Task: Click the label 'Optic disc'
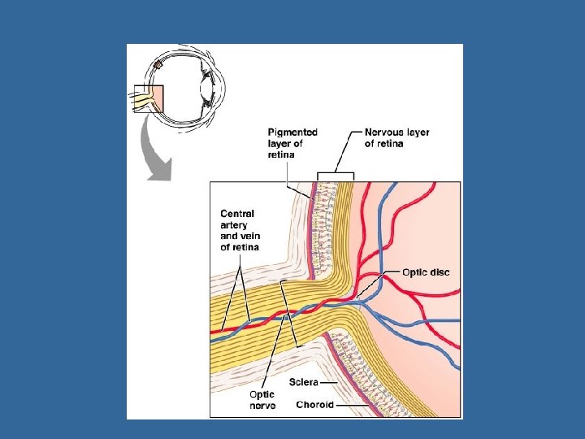point(425,272)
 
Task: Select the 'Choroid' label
point(314,404)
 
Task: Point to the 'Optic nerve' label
point(262,398)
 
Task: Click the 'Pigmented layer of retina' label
point(292,142)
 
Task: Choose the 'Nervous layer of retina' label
point(397,137)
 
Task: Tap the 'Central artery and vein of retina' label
point(237,230)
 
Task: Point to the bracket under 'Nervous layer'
point(335,174)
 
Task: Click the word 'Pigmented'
point(293,132)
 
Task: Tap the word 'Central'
point(237,214)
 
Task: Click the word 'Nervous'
point(387,132)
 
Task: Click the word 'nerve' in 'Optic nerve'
point(262,404)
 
